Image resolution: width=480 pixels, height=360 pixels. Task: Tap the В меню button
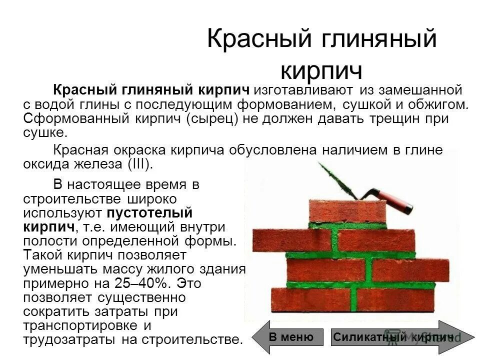pos(291,337)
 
